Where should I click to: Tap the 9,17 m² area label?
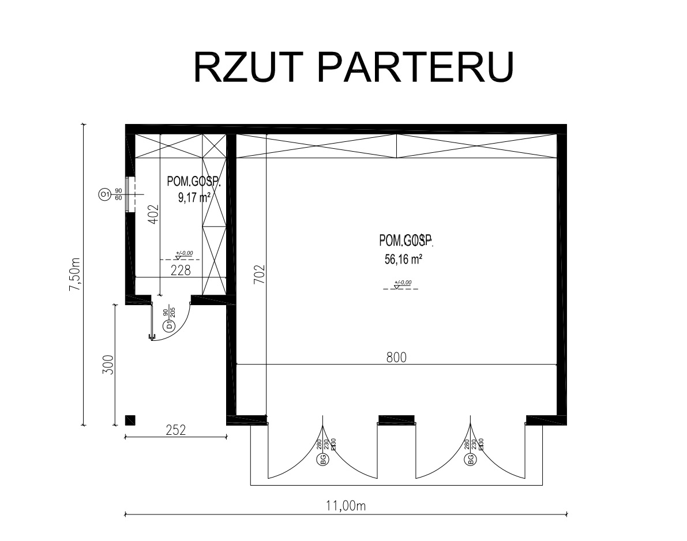coord(194,198)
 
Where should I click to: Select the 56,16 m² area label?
coord(404,260)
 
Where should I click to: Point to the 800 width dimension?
coord(396,358)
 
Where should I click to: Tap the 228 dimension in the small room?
coord(181,270)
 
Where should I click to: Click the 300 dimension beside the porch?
coord(108,365)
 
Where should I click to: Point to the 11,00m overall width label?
coord(346,506)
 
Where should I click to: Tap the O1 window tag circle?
coord(104,195)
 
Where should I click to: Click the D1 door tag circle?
coord(169,326)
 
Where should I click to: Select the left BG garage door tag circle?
coord(323,460)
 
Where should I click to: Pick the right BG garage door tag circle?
coord(471,460)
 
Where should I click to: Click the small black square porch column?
coord(130,420)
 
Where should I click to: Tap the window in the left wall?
coord(131,195)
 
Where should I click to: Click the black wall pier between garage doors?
coord(396,419)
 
